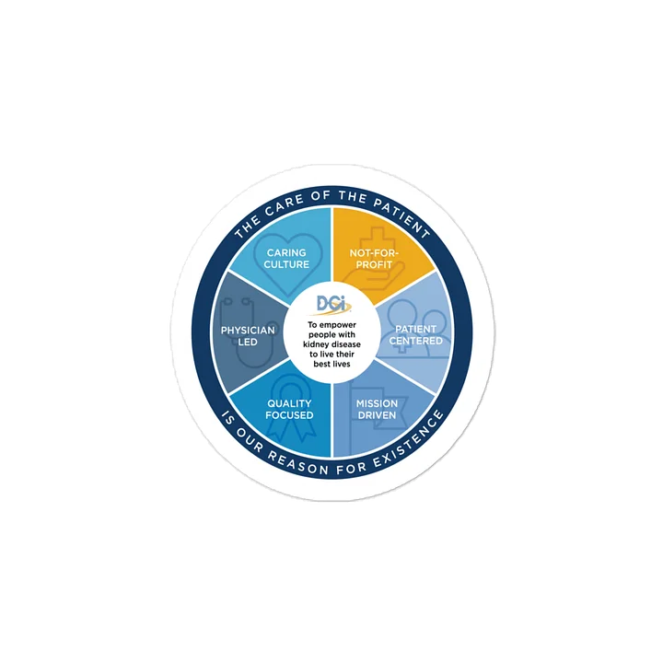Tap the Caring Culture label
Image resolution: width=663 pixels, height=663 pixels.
point(286,259)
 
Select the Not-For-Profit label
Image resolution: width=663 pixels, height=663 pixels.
point(374,259)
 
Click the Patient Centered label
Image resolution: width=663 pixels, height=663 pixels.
point(416,335)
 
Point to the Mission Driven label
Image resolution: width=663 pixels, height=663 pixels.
point(377,409)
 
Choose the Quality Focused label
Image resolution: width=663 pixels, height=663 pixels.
point(290,409)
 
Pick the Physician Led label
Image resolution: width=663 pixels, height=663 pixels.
point(248,336)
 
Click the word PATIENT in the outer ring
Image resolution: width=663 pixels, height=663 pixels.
point(402,216)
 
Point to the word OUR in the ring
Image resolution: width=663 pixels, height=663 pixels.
point(250,442)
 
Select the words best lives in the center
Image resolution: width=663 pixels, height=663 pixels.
point(331,364)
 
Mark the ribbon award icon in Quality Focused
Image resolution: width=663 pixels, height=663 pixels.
point(290,406)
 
